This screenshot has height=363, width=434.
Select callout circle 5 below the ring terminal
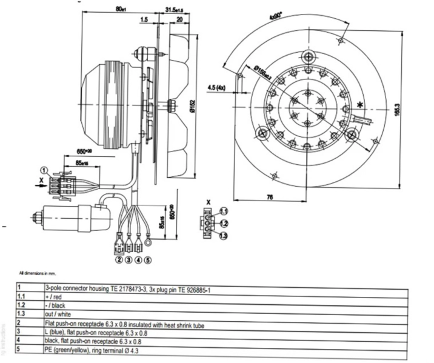pyautogui.click(x=149, y=261)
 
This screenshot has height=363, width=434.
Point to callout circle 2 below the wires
pyautogui.click(x=119, y=261)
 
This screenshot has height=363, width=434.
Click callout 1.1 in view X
pyautogui.click(x=223, y=211)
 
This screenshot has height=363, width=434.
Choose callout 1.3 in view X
pyautogui.click(x=223, y=236)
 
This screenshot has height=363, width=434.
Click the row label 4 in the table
pyautogui.click(x=20, y=341)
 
